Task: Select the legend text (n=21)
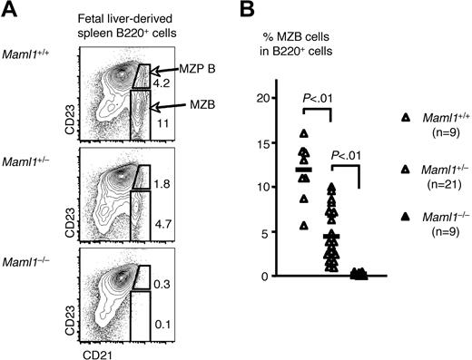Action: coord(437,192)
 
